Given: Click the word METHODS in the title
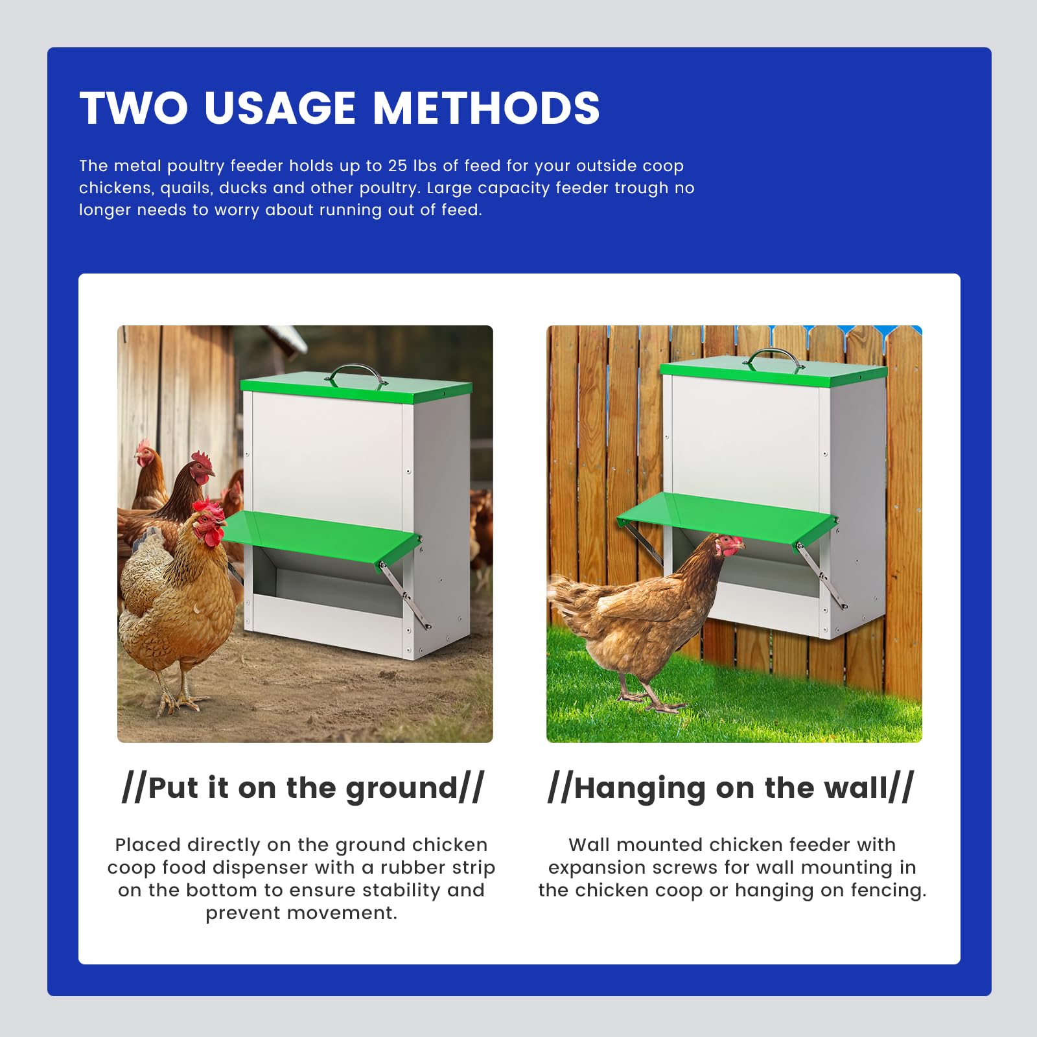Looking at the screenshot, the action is [487, 108].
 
